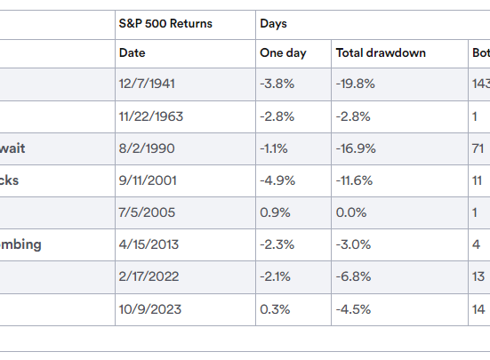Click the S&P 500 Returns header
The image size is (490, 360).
point(165,22)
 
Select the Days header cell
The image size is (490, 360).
point(273,22)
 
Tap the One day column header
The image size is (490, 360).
point(283,53)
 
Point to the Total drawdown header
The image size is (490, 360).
point(381,53)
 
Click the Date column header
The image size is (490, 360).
point(132,53)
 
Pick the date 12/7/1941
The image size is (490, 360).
point(146,84)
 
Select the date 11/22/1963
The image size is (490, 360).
point(151,116)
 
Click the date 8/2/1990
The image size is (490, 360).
point(144,148)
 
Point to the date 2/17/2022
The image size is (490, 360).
point(148,276)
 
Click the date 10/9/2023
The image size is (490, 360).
point(148,308)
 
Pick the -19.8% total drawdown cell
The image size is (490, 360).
point(356,84)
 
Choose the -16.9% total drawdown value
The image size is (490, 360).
point(356,148)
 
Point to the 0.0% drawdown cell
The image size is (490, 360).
point(351,212)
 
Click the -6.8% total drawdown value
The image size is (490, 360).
point(354,276)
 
